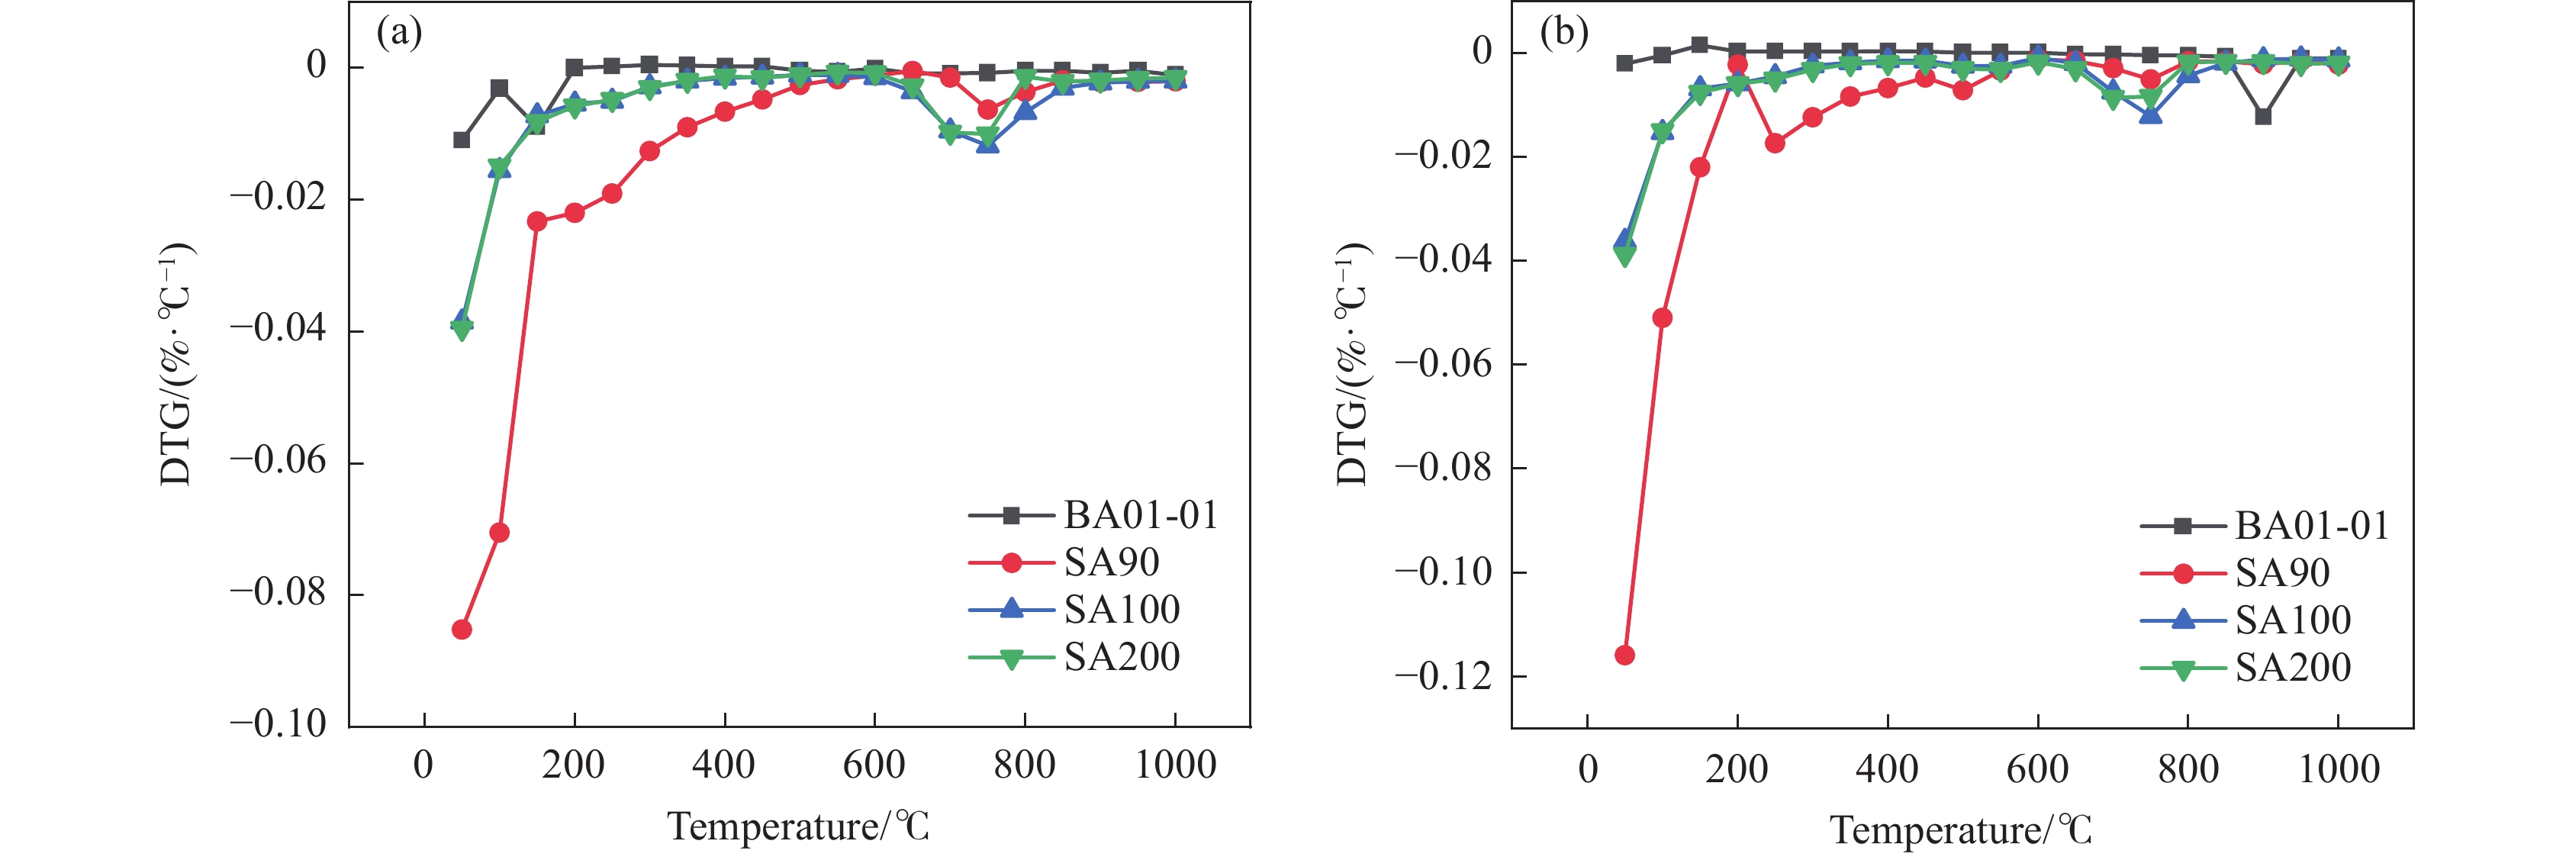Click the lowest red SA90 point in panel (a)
462,629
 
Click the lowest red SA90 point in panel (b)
1624,655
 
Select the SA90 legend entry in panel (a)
1110,562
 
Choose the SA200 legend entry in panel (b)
2291,669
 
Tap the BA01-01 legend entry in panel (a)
1140,515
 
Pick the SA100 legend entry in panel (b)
2291,621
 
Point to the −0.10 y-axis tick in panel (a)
278,724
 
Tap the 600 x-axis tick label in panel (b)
2038,770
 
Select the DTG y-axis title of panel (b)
1352,362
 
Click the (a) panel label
399,33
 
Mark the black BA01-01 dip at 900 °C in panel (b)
2262,116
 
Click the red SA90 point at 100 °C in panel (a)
500,533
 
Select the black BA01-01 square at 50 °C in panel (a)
462,140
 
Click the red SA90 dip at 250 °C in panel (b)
1775,143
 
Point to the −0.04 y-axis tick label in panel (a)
278,329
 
